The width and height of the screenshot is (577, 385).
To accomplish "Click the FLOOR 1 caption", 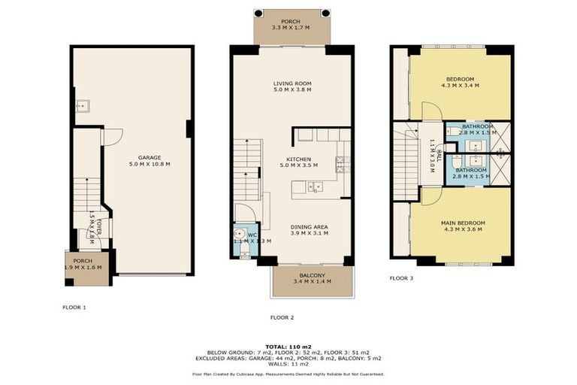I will (74, 308).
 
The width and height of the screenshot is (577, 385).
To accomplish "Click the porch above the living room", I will (292, 27).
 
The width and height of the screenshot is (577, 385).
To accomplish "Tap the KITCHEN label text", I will (295, 159).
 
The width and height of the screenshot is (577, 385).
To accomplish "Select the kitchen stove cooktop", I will (340, 161).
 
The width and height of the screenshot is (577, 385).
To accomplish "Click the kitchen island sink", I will (318, 186).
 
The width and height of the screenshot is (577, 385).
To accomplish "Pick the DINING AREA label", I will (309, 226).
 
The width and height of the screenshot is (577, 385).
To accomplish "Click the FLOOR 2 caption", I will (282, 317).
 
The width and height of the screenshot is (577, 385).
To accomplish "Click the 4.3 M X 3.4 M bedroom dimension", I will (460, 86).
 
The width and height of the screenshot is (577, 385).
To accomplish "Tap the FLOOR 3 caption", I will (401, 278).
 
